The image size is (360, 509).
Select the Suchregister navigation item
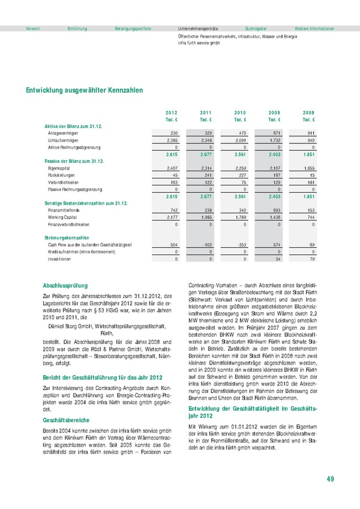tap(256, 28)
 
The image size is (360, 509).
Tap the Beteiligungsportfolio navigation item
tap(133, 28)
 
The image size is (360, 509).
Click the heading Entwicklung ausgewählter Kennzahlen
tap(84, 90)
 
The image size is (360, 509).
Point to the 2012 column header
tap(172, 113)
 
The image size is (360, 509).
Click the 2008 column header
tap(309, 113)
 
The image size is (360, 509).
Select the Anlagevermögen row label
tap(63, 133)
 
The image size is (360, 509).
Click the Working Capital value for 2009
tap(276, 217)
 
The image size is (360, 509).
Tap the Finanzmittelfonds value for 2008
tap(310, 210)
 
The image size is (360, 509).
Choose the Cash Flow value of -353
tap(240, 244)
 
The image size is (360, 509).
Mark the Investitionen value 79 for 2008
tap(311, 259)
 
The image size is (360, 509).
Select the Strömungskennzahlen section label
tap(67, 237)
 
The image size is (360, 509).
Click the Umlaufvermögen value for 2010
tap(239, 139)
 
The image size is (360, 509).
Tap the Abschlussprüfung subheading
tap(65, 286)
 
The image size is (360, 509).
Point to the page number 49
tap(330, 480)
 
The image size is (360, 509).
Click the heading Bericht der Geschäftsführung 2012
tap(95, 377)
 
